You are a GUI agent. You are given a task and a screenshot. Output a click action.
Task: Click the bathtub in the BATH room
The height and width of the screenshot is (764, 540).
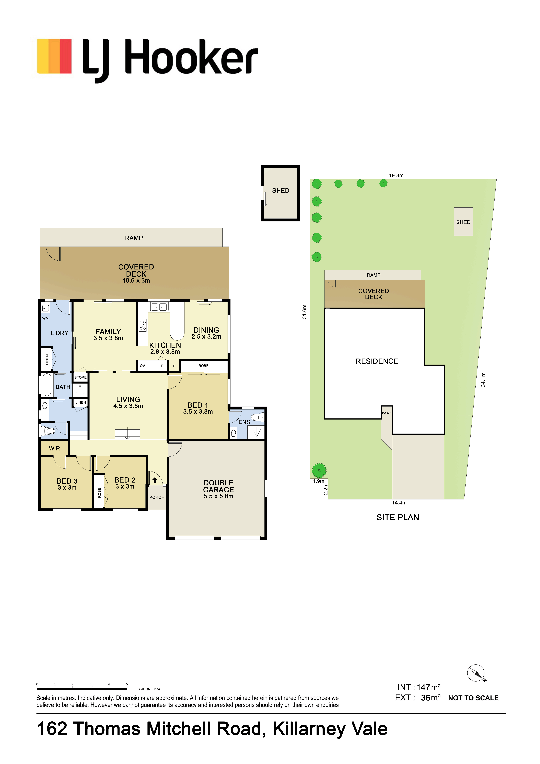(47, 385)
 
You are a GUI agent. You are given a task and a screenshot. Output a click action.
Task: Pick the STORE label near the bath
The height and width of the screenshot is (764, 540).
(81, 377)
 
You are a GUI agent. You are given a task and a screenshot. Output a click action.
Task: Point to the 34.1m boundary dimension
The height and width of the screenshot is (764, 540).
(483, 380)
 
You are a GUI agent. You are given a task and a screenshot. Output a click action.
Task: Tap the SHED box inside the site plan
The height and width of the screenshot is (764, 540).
(463, 222)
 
